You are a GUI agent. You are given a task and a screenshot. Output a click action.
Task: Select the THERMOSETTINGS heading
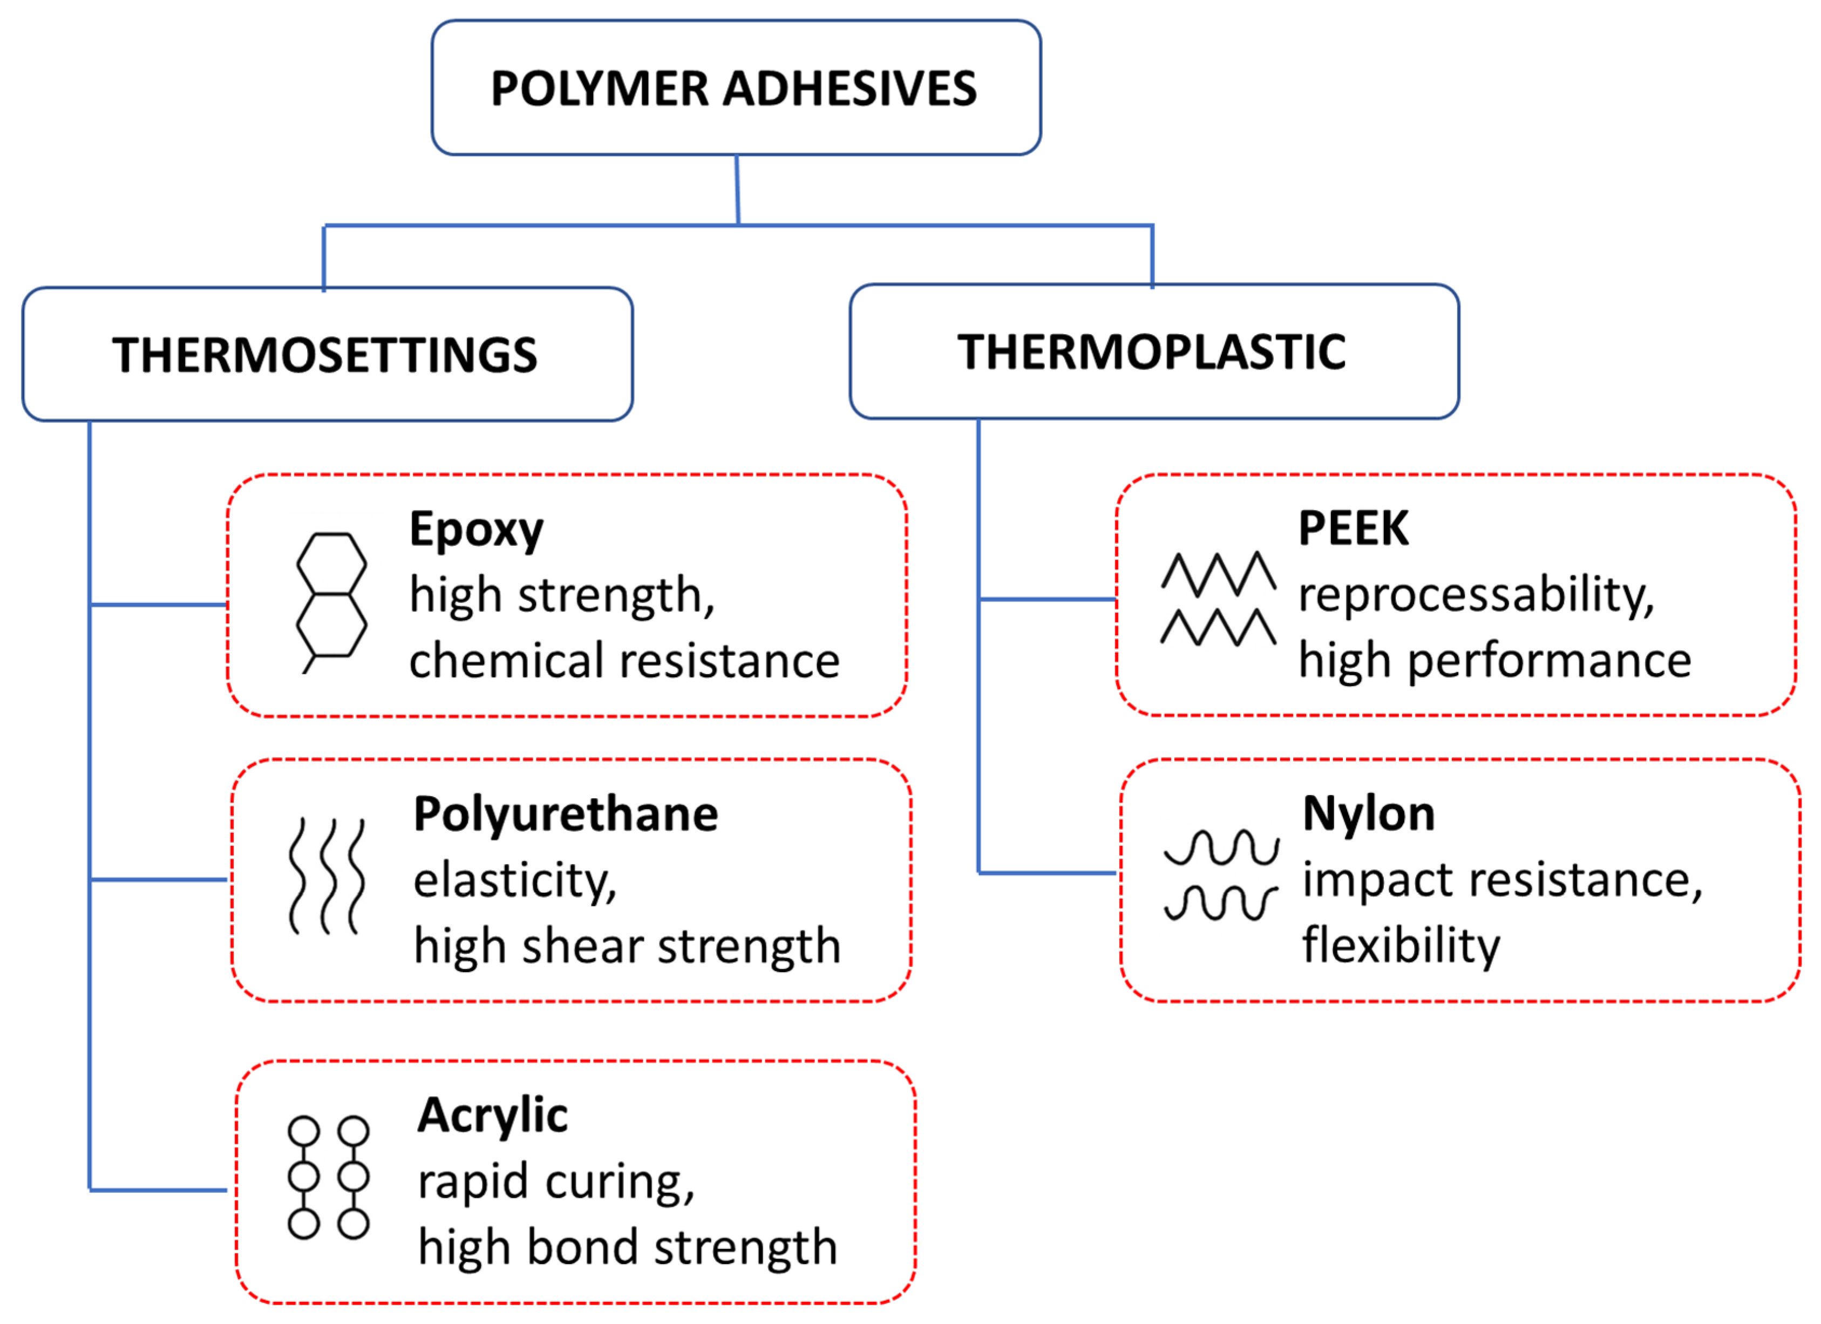pyautogui.click(x=325, y=355)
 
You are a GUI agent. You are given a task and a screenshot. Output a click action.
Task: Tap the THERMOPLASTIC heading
pyautogui.click(x=1152, y=352)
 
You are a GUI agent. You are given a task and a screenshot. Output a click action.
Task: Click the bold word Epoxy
pyautogui.click(x=476, y=530)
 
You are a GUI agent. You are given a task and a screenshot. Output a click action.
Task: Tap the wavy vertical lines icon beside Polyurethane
pyautogui.click(x=327, y=876)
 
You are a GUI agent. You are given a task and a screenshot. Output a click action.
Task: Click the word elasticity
pyautogui.click(x=515, y=881)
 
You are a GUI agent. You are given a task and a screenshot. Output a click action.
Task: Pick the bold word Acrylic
pyautogui.click(x=492, y=1116)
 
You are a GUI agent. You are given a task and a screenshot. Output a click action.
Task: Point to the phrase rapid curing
pyautogui.click(x=555, y=1182)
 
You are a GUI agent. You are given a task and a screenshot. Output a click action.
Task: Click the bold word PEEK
pyautogui.click(x=1353, y=528)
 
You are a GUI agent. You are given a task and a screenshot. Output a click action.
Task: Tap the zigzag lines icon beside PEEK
pyautogui.click(x=1218, y=599)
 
